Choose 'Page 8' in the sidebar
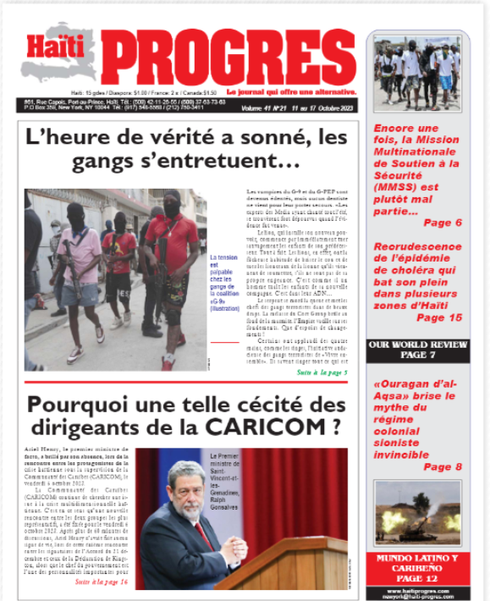pyautogui.click(x=442, y=466)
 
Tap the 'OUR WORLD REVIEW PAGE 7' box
pyautogui.click(x=416, y=351)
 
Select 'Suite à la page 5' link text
pyautogui.click(x=322, y=372)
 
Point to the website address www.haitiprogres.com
pyautogui.click(x=416, y=588)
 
